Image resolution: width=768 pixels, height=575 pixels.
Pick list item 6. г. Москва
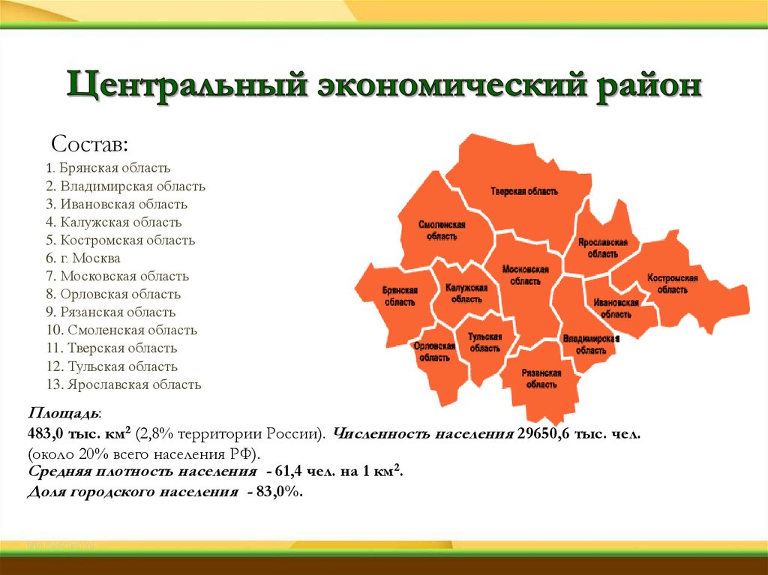pos(82,259)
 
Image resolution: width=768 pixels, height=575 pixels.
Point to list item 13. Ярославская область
pos(123,385)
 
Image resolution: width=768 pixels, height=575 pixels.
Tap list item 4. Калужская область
pos(112,223)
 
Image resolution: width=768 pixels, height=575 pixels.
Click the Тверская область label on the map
pos(524,192)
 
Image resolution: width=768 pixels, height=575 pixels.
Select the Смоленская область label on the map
pos(442,230)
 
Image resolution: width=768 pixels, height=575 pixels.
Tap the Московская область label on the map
pos(526,275)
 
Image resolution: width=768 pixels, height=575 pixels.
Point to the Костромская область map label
pos(672,283)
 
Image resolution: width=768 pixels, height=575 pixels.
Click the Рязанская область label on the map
pos(541,379)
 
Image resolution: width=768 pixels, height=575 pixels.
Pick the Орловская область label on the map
pos(434,352)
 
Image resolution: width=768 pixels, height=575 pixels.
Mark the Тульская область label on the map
pos(485,343)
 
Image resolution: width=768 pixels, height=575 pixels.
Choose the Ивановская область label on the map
pos(616,308)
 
